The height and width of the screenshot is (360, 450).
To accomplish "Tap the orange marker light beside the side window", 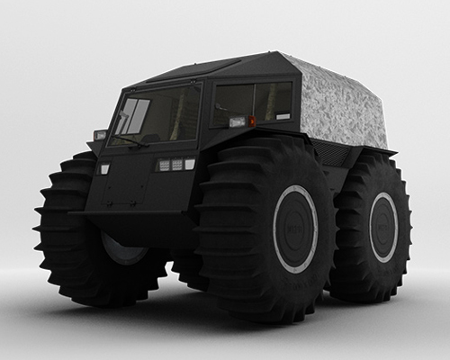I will (252, 121).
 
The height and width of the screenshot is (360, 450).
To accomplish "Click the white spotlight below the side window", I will (238, 121).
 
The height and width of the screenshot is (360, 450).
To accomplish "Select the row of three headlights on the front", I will (176, 165).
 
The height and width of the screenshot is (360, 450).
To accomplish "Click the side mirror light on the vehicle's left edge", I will (99, 135).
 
